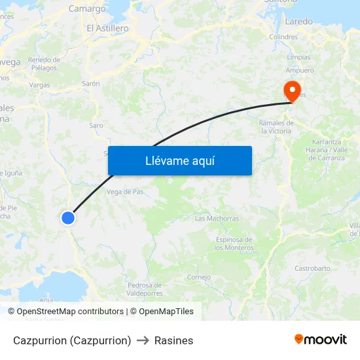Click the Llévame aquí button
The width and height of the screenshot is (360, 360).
(180, 160)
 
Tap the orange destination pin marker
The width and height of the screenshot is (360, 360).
(291, 90)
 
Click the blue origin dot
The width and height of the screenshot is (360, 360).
(68, 218)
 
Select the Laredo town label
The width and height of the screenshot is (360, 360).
(299, 22)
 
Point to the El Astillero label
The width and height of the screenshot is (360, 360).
(107, 29)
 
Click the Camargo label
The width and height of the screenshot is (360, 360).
(87, 9)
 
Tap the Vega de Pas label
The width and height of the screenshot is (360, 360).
(124, 192)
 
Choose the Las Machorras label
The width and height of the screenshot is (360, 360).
(217, 219)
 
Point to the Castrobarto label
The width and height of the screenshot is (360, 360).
(312, 268)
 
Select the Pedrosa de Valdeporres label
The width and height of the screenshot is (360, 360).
(145, 289)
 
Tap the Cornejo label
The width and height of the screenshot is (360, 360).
(198, 277)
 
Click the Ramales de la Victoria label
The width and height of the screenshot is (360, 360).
(275, 127)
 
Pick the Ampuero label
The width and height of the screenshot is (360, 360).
(300, 70)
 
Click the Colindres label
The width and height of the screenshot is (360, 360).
(283, 37)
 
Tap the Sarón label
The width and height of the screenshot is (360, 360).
(90, 84)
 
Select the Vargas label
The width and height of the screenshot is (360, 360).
(39, 84)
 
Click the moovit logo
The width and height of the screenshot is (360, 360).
(320, 340)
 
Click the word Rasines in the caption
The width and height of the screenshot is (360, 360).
(174, 340)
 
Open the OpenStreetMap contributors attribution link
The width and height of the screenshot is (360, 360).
(70, 312)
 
